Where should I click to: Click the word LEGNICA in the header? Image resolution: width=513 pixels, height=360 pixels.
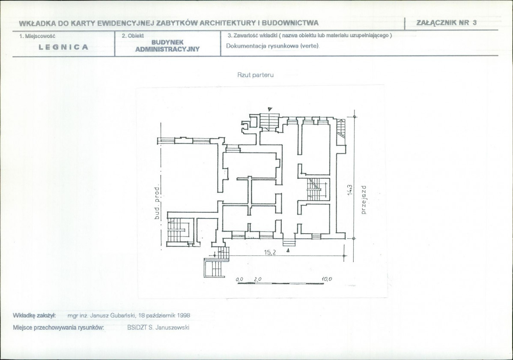(63, 47)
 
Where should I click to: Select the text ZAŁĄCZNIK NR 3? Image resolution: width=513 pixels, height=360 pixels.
(447, 23)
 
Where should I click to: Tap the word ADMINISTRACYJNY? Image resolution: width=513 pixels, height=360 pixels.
(167, 49)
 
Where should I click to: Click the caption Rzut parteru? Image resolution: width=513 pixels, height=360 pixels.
(256, 75)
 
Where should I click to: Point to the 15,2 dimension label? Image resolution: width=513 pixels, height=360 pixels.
(270, 252)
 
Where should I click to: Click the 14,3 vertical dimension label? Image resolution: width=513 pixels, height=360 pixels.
(350, 190)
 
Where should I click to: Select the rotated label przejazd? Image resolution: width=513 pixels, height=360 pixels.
(364, 199)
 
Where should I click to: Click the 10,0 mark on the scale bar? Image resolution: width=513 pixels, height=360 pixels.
(327, 279)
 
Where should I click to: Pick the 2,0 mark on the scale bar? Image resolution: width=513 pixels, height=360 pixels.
(257, 279)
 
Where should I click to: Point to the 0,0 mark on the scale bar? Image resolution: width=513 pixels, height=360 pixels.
(239, 279)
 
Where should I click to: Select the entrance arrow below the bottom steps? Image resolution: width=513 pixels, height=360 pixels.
(288, 250)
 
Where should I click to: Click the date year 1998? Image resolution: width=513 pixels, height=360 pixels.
(184, 316)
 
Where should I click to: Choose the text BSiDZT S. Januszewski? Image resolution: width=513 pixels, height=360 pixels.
(158, 327)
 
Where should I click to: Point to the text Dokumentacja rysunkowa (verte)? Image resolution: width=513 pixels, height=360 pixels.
(272, 46)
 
